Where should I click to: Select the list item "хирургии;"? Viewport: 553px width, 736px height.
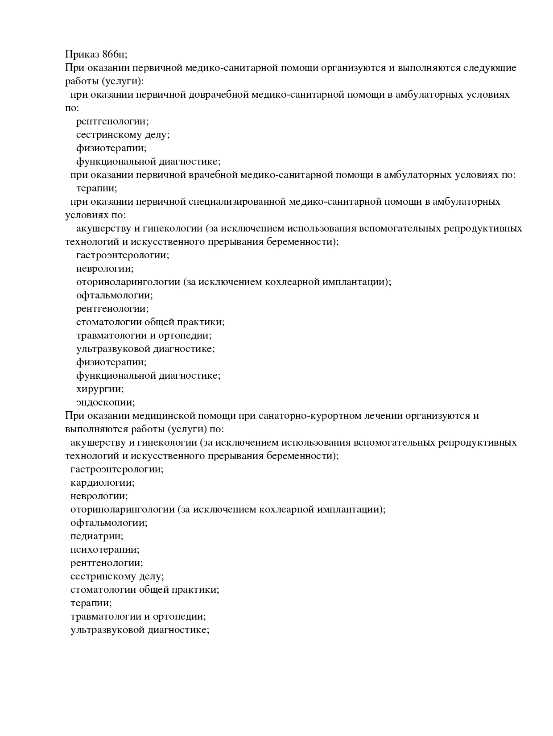click(x=100, y=389)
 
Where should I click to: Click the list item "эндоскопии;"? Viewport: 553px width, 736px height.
click(x=105, y=402)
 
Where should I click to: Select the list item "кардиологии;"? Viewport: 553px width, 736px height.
click(x=103, y=483)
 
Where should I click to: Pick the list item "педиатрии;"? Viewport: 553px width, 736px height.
click(x=97, y=536)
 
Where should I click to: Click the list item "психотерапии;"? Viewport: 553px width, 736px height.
click(x=105, y=550)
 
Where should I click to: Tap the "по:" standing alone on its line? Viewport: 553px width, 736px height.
click(x=72, y=108)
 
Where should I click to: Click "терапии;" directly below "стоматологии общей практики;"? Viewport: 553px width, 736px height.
click(x=91, y=603)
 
